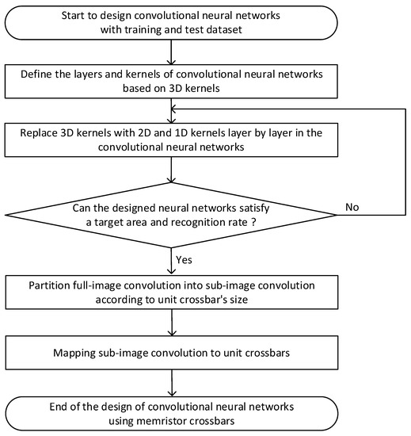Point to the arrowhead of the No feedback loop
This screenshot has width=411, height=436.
point(176,109)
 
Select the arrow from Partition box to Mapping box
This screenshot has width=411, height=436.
point(171,325)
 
